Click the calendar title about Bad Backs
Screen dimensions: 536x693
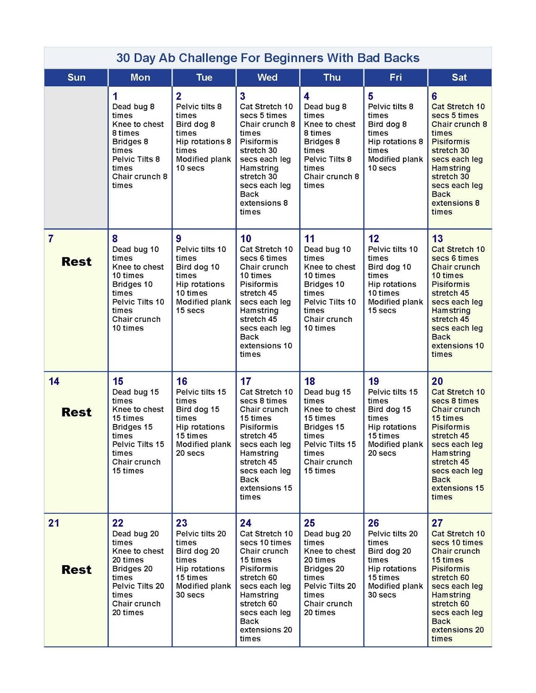pos(268,58)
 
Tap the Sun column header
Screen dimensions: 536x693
pos(76,78)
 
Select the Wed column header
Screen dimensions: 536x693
pos(267,78)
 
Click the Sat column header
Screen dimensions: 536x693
pos(459,78)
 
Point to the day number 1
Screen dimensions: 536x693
pos(115,96)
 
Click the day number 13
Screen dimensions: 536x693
pos(437,239)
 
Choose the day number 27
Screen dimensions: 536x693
pos(437,523)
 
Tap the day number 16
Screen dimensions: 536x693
pos(182,382)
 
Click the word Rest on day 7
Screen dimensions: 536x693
pos(76,262)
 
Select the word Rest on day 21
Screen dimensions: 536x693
pos(76,570)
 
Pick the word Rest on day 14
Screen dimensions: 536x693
pos(76,412)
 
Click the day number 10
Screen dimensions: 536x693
pos(246,239)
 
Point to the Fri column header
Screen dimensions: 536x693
pos(396,78)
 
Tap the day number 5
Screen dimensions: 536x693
pos(370,96)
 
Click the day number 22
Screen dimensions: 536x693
pos(118,523)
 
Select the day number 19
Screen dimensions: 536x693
pos(374,382)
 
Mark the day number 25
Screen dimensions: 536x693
pos(309,523)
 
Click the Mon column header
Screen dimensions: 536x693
pos(140,78)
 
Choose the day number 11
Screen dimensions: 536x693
pos(309,239)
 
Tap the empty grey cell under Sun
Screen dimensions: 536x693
pos(76,157)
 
